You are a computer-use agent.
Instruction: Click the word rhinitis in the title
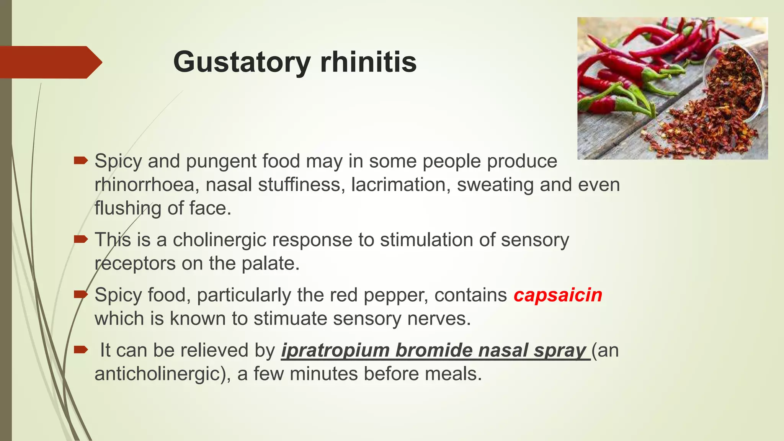[x=368, y=62]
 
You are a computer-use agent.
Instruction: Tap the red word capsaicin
[x=558, y=295]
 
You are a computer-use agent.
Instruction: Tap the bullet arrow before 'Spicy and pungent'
[x=81, y=160]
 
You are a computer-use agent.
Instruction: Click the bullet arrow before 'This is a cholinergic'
[x=81, y=240]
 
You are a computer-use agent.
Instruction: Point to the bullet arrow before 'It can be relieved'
[x=81, y=350]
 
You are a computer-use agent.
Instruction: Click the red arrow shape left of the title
[x=50, y=62]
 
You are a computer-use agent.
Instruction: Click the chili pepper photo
[x=672, y=88]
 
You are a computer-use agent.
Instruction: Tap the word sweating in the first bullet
[x=495, y=185]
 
